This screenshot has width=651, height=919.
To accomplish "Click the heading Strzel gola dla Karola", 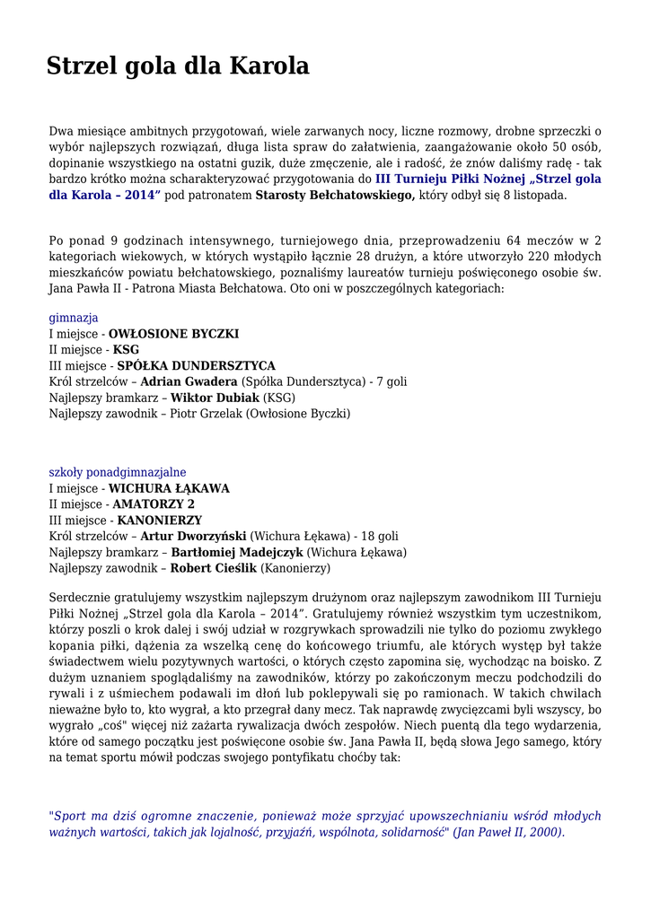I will [x=178, y=66].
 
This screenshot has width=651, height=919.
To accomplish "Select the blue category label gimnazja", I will [x=74, y=318].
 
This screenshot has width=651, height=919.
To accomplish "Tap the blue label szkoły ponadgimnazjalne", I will [x=118, y=472].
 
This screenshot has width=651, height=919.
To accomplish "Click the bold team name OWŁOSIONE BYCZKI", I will [x=174, y=334].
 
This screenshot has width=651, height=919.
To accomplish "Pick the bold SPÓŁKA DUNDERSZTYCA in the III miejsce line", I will [x=197, y=366].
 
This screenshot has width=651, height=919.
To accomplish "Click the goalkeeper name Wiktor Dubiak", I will [x=216, y=398].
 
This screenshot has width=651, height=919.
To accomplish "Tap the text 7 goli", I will [x=391, y=382].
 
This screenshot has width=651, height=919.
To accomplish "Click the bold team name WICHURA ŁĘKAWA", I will [x=169, y=488].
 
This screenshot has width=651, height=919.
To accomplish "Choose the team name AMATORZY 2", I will [x=154, y=504].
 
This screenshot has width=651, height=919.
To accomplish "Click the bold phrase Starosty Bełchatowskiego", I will [x=335, y=195].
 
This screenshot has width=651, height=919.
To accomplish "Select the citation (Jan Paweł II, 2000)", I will [x=509, y=832].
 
